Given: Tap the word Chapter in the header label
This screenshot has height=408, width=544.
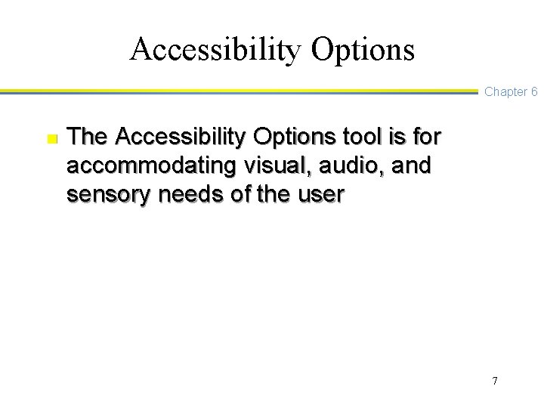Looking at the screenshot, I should click(x=505, y=91).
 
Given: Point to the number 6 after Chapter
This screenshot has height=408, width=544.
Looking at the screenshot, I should click(x=533, y=91).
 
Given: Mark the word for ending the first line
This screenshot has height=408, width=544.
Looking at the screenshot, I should click(x=425, y=138).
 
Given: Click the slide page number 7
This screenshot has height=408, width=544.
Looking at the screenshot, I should click(x=494, y=381).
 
